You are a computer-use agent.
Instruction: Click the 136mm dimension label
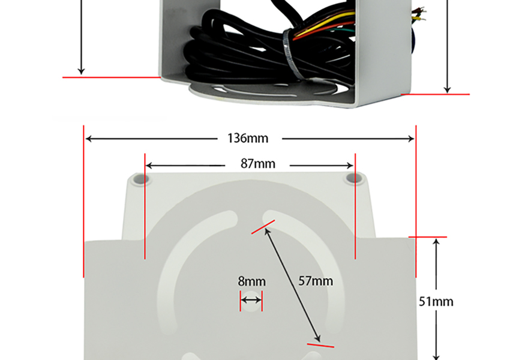point(248,139)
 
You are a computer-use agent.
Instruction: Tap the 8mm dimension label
point(251,281)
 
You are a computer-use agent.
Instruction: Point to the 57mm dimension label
point(316,281)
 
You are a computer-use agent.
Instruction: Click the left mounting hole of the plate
point(139,179)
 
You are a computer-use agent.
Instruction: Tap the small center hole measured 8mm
point(251,299)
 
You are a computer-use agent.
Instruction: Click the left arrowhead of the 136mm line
point(88,139)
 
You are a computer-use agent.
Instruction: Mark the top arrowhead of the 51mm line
point(437,241)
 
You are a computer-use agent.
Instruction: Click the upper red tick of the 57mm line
point(263,226)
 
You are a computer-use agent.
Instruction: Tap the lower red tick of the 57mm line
point(320,344)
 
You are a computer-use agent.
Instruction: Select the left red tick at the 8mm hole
point(241,302)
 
